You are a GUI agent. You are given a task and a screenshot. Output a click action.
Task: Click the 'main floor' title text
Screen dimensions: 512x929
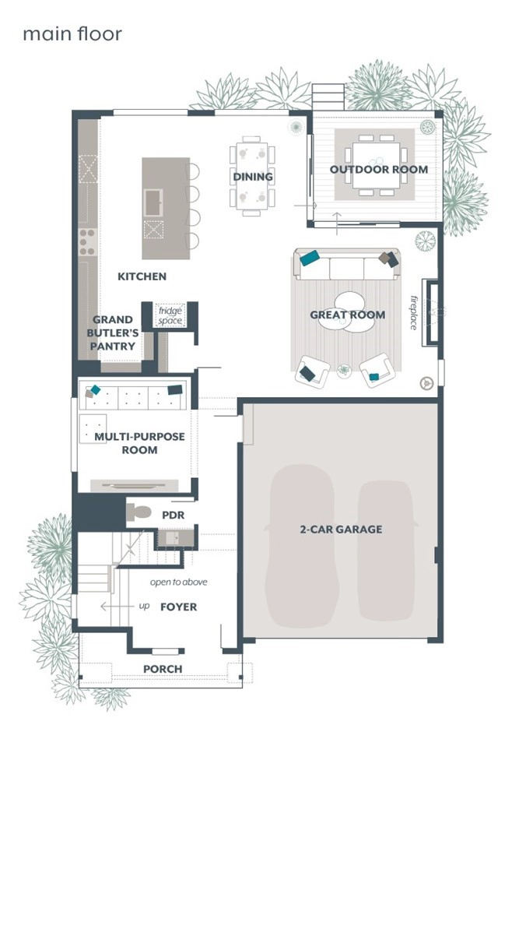point(72,33)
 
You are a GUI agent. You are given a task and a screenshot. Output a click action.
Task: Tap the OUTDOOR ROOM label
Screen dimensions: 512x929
point(379,170)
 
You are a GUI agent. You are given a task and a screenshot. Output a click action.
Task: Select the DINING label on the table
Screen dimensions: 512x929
point(253,177)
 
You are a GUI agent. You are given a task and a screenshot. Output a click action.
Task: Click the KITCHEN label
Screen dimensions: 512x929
point(142,276)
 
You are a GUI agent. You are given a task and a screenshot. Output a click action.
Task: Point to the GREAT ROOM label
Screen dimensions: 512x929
point(348,315)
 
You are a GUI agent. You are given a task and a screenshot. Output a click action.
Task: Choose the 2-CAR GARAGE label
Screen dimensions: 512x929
point(341,529)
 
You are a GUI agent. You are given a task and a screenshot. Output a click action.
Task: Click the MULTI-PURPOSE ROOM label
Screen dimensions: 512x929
point(140,443)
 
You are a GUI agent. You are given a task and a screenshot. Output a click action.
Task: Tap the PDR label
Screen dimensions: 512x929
point(173,515)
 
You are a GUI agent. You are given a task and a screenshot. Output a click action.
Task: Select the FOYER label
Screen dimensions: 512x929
point(179,607)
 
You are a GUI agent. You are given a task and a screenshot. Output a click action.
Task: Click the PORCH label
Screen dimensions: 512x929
point(163,669)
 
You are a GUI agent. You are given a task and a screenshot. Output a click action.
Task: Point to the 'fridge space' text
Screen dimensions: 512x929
point(170,315)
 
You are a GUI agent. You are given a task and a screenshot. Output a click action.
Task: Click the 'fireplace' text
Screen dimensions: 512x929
point(414,312)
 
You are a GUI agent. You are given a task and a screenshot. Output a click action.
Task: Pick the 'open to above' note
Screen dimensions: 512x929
point(179,582)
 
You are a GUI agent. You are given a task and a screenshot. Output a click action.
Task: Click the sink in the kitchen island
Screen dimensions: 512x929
point(153,202)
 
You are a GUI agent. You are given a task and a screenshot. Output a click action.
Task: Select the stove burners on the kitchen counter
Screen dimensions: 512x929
point(88,241)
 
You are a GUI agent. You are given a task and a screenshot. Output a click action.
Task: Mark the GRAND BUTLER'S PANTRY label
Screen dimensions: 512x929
point(113,333)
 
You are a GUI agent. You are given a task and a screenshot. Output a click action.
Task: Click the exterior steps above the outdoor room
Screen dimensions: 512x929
point(328,97)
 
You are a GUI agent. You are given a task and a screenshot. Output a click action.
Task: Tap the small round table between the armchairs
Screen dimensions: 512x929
point(344,371)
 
